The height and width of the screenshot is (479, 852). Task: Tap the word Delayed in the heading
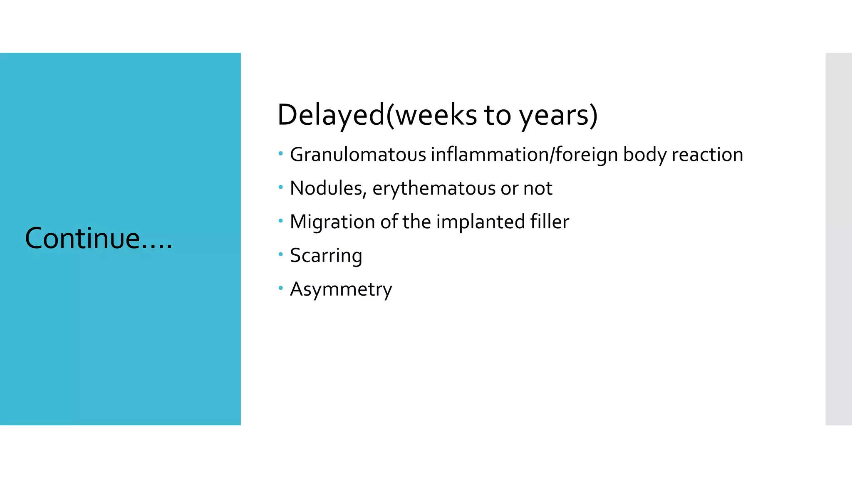point(331,115)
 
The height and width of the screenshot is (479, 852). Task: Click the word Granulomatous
point(358,155)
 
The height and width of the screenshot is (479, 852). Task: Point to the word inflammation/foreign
point(525,155)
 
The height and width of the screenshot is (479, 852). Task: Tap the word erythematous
point(434,188)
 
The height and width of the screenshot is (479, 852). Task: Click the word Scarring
point(326,256)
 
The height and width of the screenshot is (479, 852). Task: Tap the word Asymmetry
point(341,289)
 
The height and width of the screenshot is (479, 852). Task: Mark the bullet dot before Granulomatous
point(281,154)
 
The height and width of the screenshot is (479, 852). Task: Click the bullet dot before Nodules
point(281,188)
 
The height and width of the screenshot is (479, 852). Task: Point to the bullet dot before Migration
point(281,221)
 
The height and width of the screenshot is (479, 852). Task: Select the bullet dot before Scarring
point(281,254)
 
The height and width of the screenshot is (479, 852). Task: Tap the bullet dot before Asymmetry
point(281,288)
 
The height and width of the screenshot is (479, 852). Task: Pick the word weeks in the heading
point(436,115)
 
